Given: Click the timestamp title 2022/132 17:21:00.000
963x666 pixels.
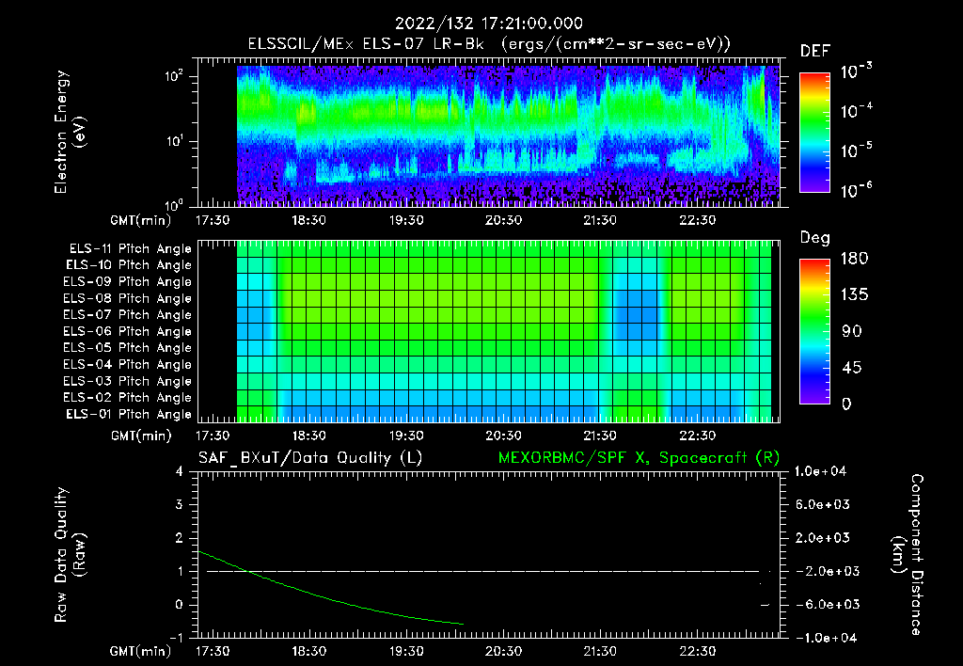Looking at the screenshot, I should click(x=489, y=24).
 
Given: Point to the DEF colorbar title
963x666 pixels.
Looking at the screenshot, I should click(x=814, y=51).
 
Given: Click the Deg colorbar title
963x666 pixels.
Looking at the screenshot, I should click(x=814, y=238).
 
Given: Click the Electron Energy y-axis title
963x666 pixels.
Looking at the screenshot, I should click(x=71, y=132).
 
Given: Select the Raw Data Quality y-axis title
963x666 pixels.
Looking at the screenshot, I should click(x=71, y=555).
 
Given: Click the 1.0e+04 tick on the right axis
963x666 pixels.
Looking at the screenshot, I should click(x=823, y=471).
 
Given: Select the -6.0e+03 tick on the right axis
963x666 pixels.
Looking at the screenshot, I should click(x=825, y=605).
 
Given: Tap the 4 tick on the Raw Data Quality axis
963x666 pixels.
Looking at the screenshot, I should click(x=179, y=472).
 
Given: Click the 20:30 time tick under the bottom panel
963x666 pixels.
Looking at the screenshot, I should click(x=503, y=651).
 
